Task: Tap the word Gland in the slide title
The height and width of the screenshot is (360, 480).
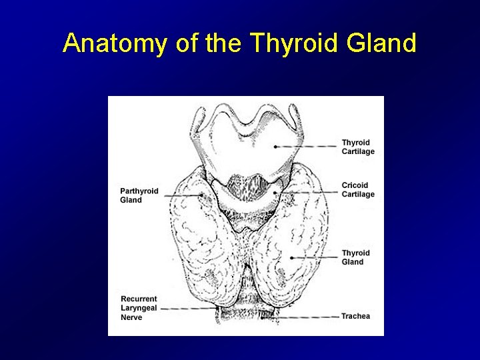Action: point(382,44)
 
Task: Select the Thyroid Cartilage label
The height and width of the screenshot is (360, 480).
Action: point(358,147)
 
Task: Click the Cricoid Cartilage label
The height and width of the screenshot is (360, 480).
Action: point(358,190)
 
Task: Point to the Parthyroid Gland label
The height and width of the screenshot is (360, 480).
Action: point(139,195)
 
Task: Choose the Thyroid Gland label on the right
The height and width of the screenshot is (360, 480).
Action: point(356,257)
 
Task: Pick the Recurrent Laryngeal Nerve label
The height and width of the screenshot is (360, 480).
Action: point(139,308)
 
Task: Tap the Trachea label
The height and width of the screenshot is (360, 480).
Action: point(355,316)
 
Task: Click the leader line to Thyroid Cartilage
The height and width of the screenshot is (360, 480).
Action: point(307,146)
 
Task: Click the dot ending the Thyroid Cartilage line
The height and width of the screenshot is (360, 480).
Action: point(275,146)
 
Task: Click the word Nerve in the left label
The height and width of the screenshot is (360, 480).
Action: point(131,317)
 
